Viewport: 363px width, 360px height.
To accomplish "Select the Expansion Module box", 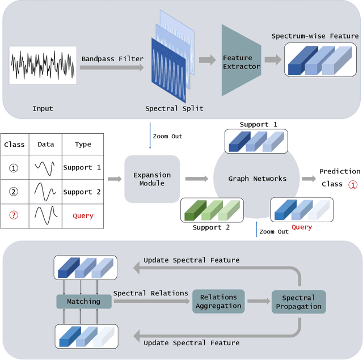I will point(152,179).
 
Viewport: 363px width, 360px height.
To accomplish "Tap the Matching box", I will point(83,302).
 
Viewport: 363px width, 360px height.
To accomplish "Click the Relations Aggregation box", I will point(218,302).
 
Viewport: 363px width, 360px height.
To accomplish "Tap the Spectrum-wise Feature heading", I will point(315,36).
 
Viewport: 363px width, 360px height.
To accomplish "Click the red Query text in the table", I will point(83,216).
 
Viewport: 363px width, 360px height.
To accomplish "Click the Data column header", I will point(46,145).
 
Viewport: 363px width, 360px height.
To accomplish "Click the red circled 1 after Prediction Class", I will point(352,184).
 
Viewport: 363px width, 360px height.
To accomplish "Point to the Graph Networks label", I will point(258,179).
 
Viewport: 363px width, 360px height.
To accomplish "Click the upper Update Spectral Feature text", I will point(191,260).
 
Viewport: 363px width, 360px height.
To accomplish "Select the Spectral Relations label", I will point(150,293).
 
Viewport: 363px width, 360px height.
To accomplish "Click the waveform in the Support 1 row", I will point(46,168).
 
